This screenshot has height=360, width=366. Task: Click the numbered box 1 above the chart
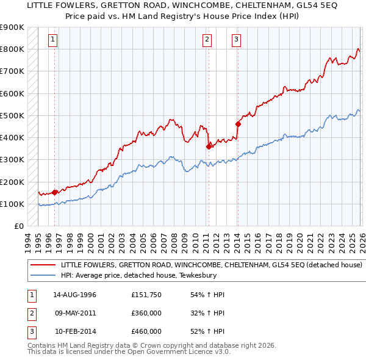click(x=54, y=40)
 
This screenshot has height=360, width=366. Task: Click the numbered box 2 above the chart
click(x=207, y=40)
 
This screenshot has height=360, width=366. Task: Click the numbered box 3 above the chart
click(x=236, y=40)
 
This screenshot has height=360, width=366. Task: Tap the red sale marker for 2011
click(x=209, y=146)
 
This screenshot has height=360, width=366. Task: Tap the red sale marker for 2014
click(x=238, y=124)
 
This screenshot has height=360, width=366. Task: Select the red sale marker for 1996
click(x=55, y=192)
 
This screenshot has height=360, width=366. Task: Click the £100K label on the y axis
click(x=12, y=204)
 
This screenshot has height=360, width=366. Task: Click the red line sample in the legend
click(x=43, y=265)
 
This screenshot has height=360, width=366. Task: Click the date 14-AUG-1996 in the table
click(x=75, y=295)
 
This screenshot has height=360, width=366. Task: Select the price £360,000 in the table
click(x=146, y=313)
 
